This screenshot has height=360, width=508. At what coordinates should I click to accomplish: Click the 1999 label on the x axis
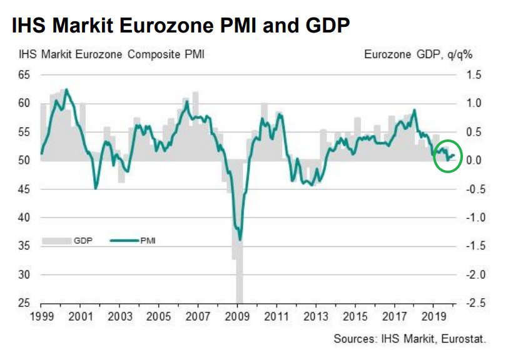coord(41,315)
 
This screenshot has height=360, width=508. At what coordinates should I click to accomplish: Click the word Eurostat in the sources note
coord(465,338)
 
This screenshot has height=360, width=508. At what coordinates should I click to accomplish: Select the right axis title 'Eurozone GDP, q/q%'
coord(418,55)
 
